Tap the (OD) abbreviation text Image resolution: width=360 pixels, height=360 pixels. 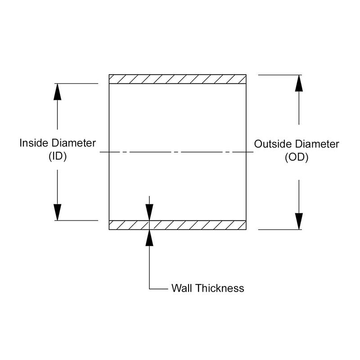pyautogui.click(x=297, y=157)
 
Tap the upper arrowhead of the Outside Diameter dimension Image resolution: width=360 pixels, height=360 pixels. pyautogui.click(x=299, y=83)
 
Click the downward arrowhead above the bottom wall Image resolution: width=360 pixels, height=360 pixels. pyautogui.click(x=149, y=212)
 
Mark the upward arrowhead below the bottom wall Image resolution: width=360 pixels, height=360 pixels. pyautogui.click(x=149, y=238)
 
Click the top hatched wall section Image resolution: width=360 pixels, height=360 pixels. pyautogui.click(x=178, y=79)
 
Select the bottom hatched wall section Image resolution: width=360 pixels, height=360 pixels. pyautogui.click(x=178, y=225)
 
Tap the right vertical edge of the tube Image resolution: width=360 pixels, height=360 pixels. pyautogui.click(x=246, y=135)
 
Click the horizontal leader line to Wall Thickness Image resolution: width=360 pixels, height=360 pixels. pyautogui.click(x=158, y=288)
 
